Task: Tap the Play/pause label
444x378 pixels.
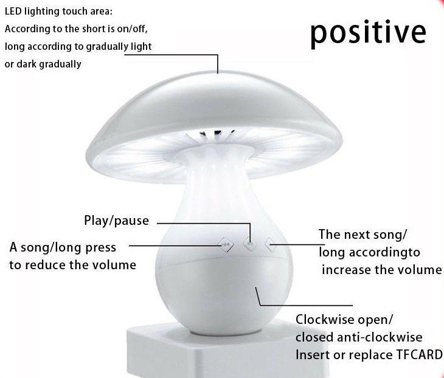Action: point(116,221)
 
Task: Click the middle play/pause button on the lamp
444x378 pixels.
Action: point(249,243)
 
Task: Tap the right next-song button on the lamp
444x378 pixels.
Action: point(270,246)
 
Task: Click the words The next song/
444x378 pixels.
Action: point(362,235)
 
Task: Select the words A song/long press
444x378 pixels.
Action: point(63,247)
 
